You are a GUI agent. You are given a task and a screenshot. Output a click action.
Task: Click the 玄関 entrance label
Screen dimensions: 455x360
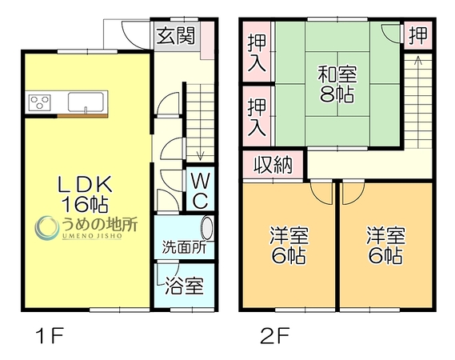click(176, 36)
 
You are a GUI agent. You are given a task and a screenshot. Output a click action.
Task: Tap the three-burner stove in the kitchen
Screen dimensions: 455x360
click(40, 102)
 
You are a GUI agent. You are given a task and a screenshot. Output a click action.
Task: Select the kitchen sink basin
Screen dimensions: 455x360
click(86, 102)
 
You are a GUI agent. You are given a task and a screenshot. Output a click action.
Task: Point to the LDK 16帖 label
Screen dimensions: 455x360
click(86, 194)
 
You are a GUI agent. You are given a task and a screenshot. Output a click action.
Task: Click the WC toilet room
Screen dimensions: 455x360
click(200, 189)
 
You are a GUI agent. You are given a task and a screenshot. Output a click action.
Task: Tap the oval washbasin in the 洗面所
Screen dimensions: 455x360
click(207, 228)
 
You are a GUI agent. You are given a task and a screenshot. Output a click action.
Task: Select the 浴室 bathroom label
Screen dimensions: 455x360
click(184, 286)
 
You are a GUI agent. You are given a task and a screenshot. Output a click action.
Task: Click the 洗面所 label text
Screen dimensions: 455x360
click(184, 248)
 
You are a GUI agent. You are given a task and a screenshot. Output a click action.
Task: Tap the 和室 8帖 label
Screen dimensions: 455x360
click(337, 84)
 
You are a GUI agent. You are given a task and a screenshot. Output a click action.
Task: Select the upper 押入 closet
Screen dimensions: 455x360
click(257, 53)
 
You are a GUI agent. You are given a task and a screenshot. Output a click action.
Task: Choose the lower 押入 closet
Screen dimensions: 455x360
click(257, 117)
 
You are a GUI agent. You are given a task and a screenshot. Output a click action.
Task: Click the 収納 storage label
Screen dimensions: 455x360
click(273, 165)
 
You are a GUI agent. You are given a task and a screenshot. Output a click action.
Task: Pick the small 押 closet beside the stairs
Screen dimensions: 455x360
click(418, 35)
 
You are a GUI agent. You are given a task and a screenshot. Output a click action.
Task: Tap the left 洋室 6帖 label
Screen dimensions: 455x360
click(289, 246)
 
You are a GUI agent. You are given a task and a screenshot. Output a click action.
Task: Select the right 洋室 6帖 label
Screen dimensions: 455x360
click(386, 246)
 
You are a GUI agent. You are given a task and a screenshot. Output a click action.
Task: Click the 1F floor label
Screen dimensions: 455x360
click(49, 335)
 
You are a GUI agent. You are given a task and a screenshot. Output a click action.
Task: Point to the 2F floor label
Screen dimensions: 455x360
click(275, 335)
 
